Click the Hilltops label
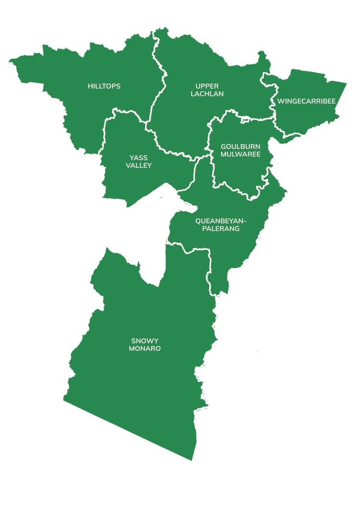[x=104, y=86]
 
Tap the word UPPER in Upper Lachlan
[x=207, y=86]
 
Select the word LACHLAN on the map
[x=207, y=94]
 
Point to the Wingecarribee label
[x=306, y=101]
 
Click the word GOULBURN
[x=240, y=146]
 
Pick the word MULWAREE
[x=240, y=154]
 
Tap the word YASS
[x=139, y=158]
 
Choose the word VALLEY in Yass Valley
[x=139, y=165]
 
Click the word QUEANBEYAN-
[x=221, y=221]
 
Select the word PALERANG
[x=221, y=229]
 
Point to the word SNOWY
[x=144, y=341]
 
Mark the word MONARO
[x=144, y=349]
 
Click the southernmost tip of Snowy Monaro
[x=192, y=460]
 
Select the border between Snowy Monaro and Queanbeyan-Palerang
[x=192, y=250]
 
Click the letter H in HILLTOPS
[x=90, y=86]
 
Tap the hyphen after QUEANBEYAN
[x=245, y=221]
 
